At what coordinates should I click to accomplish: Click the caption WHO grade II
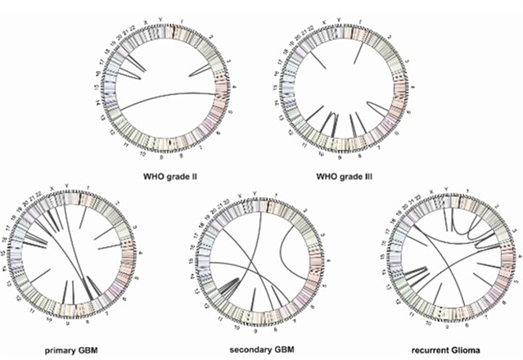[174, 174]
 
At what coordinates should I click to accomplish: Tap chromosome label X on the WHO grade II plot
[146, 14]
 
